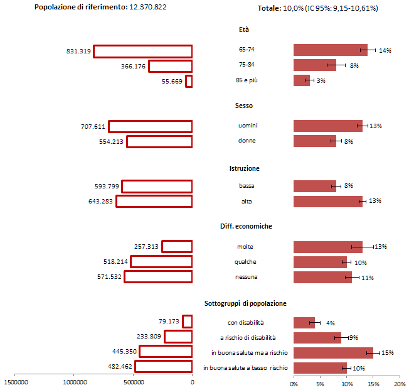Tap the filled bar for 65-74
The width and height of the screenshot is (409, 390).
tap(330, 50)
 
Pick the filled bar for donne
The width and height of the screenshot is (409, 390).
tap(314, 141)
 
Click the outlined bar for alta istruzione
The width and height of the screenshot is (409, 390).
tap(154, 202)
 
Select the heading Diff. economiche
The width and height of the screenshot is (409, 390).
tap(245, 226)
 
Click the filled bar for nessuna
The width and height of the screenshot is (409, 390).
tap(322, 277)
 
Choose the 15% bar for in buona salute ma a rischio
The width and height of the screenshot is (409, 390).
tap(333, 353)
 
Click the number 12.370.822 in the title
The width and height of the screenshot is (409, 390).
tap(148, 7)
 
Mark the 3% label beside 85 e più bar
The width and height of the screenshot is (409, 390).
tap(321, 81)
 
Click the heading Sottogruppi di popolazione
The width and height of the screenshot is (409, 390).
tap(245, 303)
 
